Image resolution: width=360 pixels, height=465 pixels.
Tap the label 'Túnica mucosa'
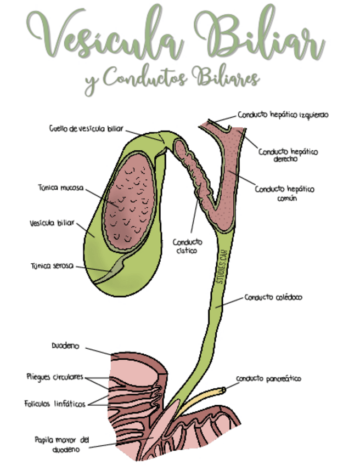pos(61,188)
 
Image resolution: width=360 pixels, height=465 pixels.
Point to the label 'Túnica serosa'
pos(52,266)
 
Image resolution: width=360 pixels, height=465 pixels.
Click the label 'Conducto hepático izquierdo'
pos(283,115)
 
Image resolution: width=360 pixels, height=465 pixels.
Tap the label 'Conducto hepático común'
pos(285,193)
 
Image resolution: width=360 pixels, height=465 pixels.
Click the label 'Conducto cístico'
pos(187,246)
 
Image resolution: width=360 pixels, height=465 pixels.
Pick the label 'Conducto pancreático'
pos(269,379)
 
